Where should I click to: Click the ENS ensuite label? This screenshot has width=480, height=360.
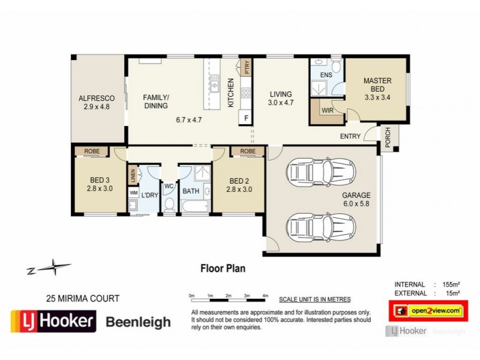point(326,75)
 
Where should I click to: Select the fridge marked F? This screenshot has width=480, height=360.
point(245,118)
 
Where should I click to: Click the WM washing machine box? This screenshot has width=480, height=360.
point(133,193)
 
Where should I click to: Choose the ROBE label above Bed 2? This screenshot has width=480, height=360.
point(247,151)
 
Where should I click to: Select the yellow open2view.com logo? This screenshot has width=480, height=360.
point(427,310)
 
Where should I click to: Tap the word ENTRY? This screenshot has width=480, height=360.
point(350,136)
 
